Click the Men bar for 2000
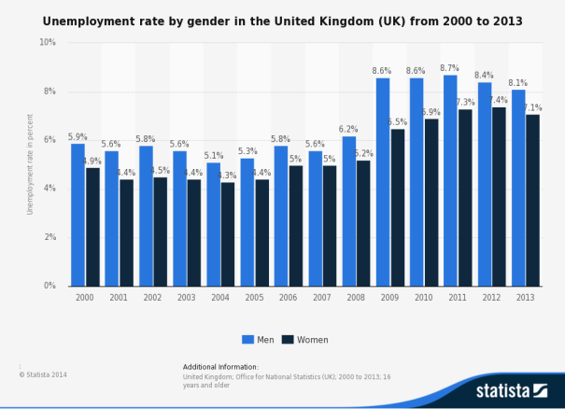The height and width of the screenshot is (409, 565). coord(78,215)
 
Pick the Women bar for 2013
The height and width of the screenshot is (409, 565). coord(533,200)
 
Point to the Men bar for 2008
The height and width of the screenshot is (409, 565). coord(348,211)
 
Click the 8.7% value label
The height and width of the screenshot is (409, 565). coord(449,68)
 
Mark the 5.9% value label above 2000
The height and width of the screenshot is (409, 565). coord(78,136)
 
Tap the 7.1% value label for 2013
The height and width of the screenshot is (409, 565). coord(532,107)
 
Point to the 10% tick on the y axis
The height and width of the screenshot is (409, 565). coord(48,42)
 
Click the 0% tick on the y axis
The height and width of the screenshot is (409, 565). coord(49,286)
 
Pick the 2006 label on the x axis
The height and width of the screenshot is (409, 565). coord(289,297)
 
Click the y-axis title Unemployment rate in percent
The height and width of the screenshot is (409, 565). coord(31,164)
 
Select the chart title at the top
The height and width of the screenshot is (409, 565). coord(282,20)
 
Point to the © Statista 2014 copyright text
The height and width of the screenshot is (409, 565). coord(43,374)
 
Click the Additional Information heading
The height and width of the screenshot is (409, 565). coord(220,367)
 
